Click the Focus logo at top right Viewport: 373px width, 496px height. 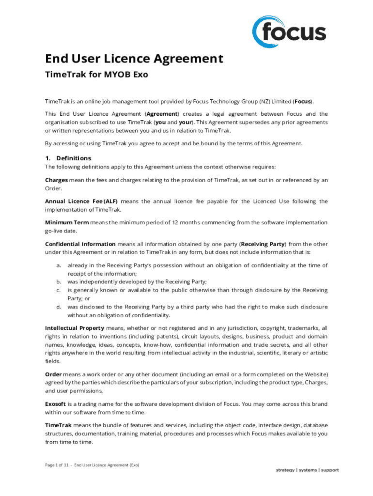point(289,32)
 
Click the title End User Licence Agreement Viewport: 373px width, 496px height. point(134,59)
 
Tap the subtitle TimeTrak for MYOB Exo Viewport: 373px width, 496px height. point(96,75)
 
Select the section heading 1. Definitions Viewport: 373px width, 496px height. point(68,158)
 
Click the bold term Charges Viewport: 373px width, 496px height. point(56,180)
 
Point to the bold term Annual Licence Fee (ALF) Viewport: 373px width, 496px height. point(81,201)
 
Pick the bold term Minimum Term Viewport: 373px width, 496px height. point(66,222)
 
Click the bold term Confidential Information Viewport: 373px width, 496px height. point(80,244)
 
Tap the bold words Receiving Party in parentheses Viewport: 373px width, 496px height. point(263,244)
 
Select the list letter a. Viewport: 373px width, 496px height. point(58,265)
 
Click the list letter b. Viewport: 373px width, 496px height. point(58,281)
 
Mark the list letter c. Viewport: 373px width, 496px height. point(58,290)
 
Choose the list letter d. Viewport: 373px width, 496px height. point(58,307)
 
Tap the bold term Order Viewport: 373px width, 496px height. point(53,374)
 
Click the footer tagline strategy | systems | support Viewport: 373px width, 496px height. point(307,470)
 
